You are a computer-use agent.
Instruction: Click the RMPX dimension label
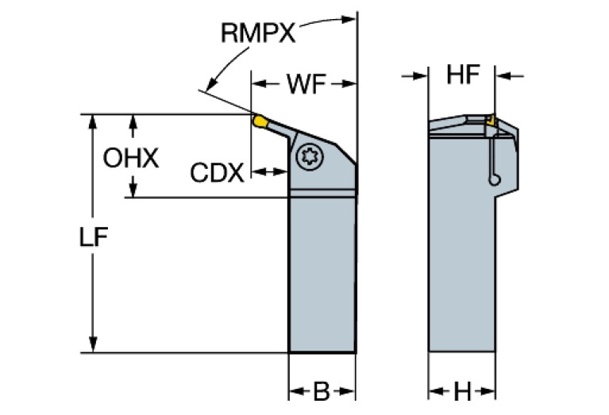tap(258, 33)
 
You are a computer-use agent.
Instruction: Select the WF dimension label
tap(303, 83)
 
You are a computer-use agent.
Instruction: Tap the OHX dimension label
tap(131, 158)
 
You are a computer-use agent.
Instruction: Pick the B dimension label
tap(321, 391)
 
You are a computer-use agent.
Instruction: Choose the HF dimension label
tap(463, 76)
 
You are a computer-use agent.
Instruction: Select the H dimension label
tap(463, 391)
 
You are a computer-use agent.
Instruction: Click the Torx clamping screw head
tap(308, 156)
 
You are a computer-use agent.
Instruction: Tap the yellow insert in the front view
tap(260, 121)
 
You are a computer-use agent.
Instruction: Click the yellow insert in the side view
tap(491, 121)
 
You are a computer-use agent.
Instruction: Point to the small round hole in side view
tap(495, 181)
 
